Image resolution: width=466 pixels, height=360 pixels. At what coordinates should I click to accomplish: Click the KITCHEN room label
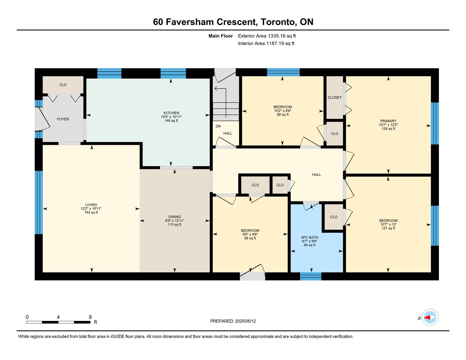coord(171,113)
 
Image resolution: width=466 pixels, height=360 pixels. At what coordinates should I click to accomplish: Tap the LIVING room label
coord(91,204)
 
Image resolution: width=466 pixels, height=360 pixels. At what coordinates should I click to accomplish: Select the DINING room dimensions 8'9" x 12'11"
coord(174,221)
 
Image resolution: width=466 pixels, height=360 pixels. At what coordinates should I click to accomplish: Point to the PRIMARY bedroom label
coord(388,121)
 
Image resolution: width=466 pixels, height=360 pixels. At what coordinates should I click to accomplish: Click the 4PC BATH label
coord(309,237)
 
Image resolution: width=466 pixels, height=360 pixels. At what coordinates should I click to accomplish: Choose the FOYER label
coord(63,119)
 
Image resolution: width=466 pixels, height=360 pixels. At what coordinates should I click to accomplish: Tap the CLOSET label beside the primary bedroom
coord(335,97)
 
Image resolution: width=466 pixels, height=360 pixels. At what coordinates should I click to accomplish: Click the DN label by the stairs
coord(218,126)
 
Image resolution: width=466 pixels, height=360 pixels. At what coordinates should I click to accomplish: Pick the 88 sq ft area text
coord(283,114)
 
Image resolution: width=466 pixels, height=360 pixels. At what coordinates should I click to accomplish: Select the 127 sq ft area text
coord(388,228)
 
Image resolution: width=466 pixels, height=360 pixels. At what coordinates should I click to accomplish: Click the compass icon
coord(430,317)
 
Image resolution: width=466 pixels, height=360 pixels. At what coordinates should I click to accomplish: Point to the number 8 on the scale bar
coord(90,317)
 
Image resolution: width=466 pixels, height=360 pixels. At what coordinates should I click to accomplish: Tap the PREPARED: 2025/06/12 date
coord(233,321)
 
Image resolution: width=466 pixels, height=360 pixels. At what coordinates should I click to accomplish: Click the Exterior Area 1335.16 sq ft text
coord(267,36)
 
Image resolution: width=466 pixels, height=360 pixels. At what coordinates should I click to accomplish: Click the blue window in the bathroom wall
coord(310,276)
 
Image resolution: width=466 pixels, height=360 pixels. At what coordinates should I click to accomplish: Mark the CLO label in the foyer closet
coord(63,85)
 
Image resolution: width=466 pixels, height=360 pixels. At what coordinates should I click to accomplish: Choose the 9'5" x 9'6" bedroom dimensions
coord(250,234)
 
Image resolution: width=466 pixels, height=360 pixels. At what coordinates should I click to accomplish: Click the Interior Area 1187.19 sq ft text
coord(266,43)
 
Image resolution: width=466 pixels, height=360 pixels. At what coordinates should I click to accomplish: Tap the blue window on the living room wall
coord(39,202)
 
